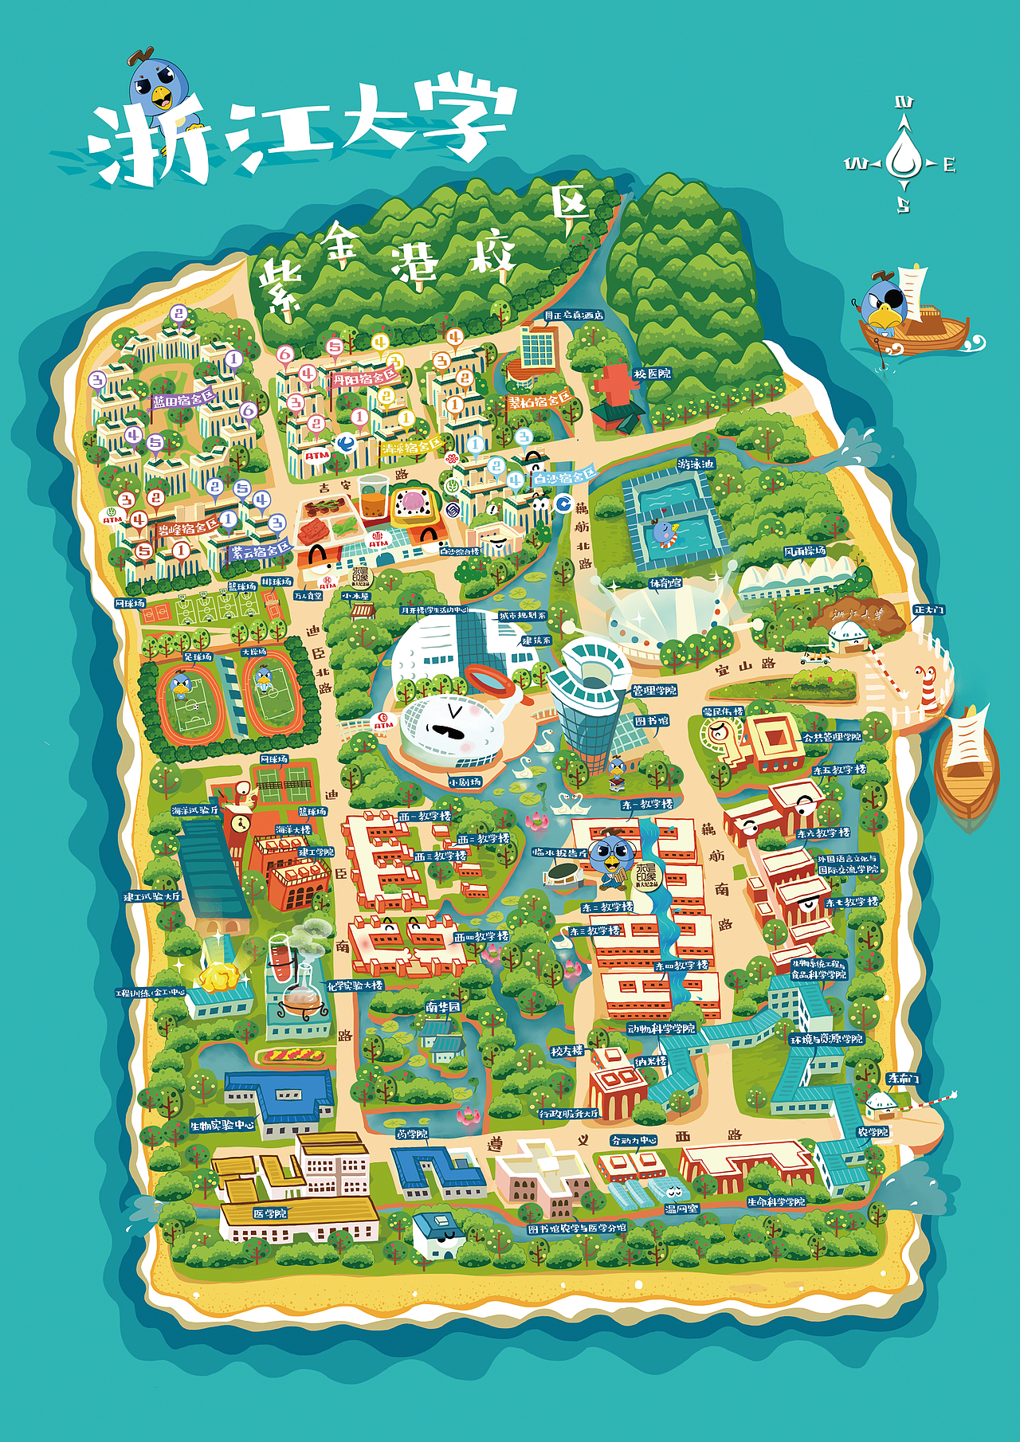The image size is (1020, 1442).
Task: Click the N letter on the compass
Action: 904,103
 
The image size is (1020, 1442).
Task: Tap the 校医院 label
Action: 652,374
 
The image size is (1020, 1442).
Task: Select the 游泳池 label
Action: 696,464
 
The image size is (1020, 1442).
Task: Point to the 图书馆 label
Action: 651,721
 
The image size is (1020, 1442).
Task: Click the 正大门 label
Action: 928,609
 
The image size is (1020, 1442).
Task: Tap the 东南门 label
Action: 903,1078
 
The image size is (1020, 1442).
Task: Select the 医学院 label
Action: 269,1213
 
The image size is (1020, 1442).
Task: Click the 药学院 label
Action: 412,1134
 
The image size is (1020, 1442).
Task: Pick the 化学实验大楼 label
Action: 355,985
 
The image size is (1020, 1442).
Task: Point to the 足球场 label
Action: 197,657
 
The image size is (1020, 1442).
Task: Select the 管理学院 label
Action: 653,690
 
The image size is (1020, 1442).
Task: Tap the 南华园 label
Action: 442,1007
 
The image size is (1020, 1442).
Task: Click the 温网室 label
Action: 681,1209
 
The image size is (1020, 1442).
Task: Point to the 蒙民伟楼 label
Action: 724,711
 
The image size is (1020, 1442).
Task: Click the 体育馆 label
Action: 665,583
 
